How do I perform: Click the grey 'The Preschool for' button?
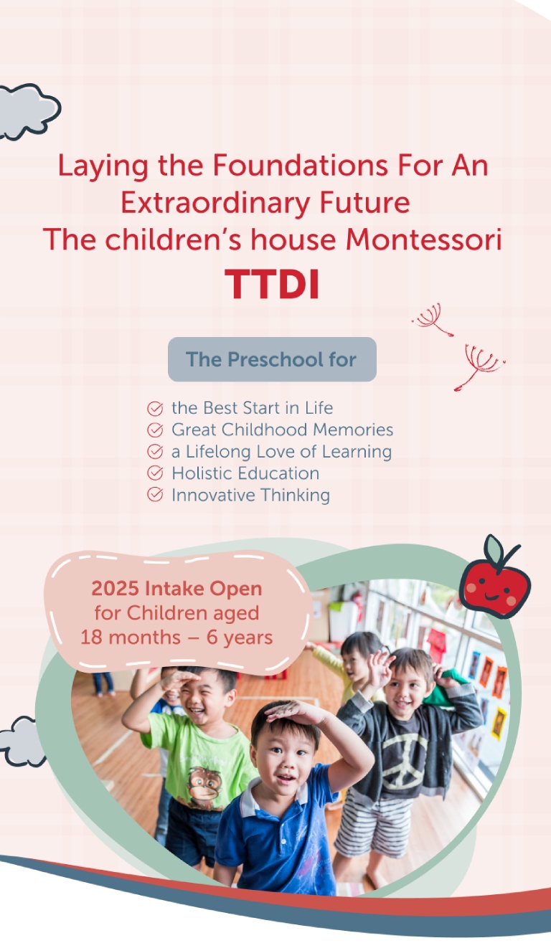tap(272, 359)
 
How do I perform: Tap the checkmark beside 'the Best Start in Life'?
tap(155, 409)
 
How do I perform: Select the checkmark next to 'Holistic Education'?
tap(155, 473)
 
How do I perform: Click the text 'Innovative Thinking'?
tap(250, 495)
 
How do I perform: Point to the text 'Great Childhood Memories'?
tap(282, 430)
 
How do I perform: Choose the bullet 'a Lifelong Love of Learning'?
tap(281, 452)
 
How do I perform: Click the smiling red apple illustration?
tap(494, 585)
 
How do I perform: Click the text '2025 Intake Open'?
tap(176, 589)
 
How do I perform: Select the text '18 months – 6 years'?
tap(176, 637)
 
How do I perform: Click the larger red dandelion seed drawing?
tap(479, 364)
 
